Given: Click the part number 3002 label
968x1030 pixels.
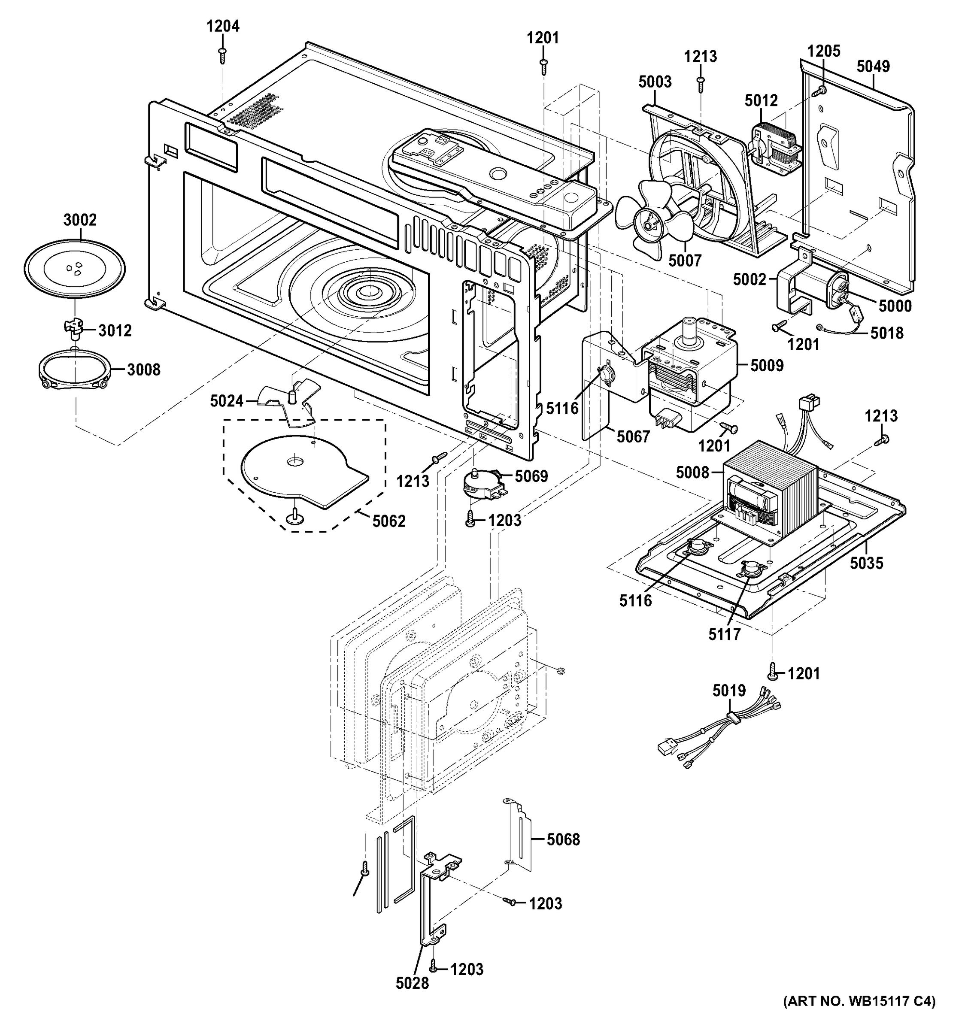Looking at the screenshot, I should pyautogui.click(x=80, y=220).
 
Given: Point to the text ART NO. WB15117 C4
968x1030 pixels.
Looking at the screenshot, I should pyautogui.click(x=859, y=1016).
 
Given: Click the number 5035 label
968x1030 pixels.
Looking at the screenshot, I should pyautogui.click(x=866, y=563).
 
